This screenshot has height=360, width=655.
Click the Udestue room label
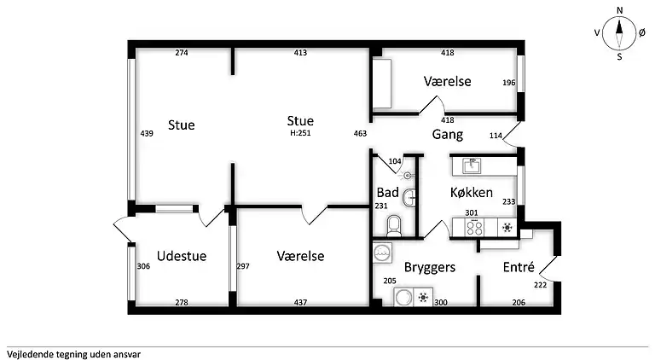[x=182, y=256]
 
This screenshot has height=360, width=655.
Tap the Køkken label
[x=472, y=193]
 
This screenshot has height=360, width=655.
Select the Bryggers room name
[x=430, y=267]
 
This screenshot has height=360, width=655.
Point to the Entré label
[x=519, y=267]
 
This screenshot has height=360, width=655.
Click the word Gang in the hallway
[x=447, y=135]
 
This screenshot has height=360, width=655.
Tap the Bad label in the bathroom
[x=387, y=193]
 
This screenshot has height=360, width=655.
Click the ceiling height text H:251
[x=300, y=132]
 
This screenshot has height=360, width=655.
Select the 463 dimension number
[x=359, y=133]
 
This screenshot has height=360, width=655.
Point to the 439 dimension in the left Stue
[x=146, y=133]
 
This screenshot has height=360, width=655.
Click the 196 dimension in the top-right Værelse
[x=508, y=83]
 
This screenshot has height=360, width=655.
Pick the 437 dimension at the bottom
[x=300, y=302]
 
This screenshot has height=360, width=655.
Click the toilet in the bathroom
[x=394, y=225]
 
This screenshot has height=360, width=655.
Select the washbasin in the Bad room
[x=412, y=197]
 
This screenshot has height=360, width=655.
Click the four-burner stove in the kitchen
[x=473, y=228]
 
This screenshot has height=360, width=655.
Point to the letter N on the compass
[x=620, y=10]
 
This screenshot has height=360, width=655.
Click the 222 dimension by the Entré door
[x=539, y=285]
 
